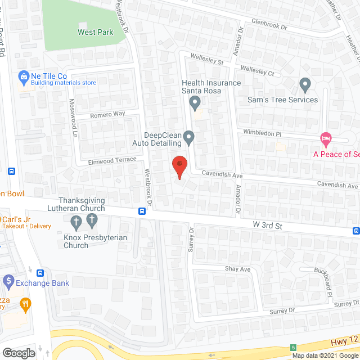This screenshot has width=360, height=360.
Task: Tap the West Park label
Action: click(x=95, y=32)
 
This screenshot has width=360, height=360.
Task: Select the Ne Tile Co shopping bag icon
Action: click(x=24, y=76)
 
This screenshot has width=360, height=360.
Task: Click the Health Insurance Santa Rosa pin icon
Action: click(x=195, y=103)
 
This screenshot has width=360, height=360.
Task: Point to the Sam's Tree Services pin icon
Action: click(x=305, y=85)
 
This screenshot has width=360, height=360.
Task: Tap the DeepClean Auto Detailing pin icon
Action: click(x=190, y=137)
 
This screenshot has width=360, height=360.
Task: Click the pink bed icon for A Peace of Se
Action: click(x=325, y=138)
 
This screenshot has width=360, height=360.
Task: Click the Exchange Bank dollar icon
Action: click(x=8, y=280)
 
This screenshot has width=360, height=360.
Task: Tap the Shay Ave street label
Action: click(x=237, y=269)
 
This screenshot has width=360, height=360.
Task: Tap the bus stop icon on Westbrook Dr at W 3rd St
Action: click(x=142, y=211)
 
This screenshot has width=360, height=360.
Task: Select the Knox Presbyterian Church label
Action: click(x=95, y=241)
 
